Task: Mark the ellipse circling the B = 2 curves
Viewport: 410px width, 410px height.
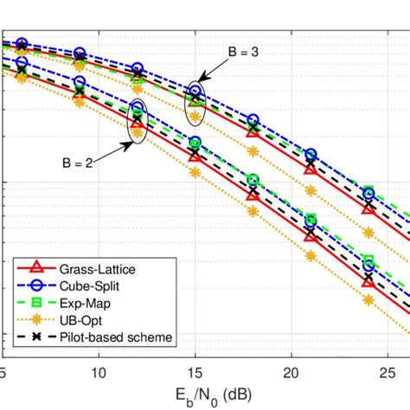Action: (138, 120)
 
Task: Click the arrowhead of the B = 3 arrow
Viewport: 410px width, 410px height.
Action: (200, 78)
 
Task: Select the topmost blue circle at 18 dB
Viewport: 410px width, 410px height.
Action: (253, 120)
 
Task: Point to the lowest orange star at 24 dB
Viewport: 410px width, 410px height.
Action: (368, 301)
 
